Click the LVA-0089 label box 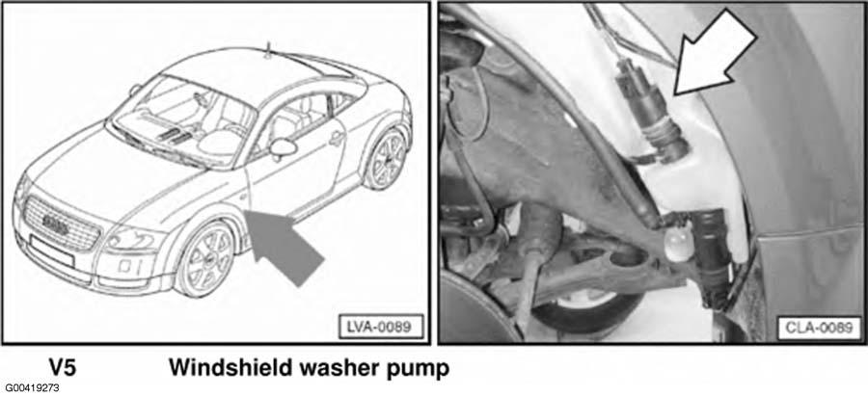click(x=380, y=327)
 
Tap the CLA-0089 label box click(x=819, y=328)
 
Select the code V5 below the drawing click(x=62, y=368)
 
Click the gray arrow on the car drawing click(x=283, y=247)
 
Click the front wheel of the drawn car click(x=204, y=261)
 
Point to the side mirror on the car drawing click(x=283, y=147)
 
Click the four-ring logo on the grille click(x=55, y=223)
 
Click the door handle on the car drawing click(x=337, y=139)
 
